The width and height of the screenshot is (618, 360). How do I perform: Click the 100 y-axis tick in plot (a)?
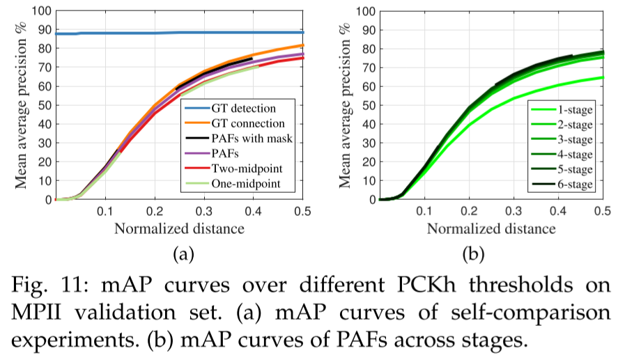(41, 12)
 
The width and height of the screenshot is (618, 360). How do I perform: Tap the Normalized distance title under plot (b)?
(491, 228)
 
